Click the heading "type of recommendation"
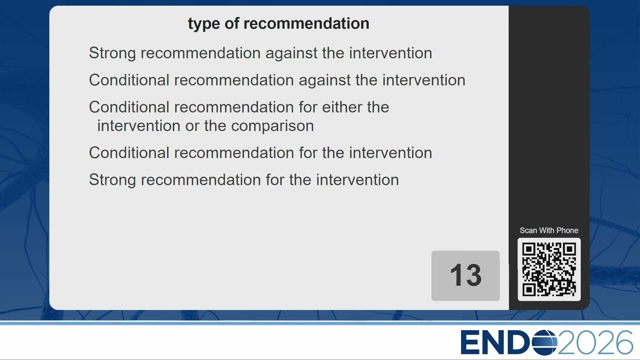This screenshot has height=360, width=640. pos(278,23)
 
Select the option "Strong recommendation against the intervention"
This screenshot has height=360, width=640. pos(260,53)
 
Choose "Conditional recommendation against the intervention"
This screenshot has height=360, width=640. pos(277,80)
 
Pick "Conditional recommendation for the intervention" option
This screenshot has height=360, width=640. pos(260,152)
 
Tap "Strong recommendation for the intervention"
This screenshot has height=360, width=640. pos(243,179)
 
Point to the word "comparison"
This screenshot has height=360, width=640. pos(272,126)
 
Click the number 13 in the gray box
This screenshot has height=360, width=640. pos(465,275)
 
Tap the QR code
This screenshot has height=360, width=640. pos(549,269)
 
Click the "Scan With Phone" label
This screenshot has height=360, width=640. pos(549,230)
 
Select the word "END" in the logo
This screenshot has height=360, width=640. pos(495,342)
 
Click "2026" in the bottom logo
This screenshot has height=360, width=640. pos(595,342)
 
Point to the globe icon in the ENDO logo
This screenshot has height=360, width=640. pos(544,342)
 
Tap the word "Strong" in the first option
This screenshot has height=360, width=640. pos(112,53)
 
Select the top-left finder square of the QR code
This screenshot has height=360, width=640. pos(529,249)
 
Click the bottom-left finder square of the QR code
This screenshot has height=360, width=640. pos(529,289)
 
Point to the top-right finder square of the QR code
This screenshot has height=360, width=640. pos(569,249)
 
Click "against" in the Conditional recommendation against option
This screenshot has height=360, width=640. pos(324,80)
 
